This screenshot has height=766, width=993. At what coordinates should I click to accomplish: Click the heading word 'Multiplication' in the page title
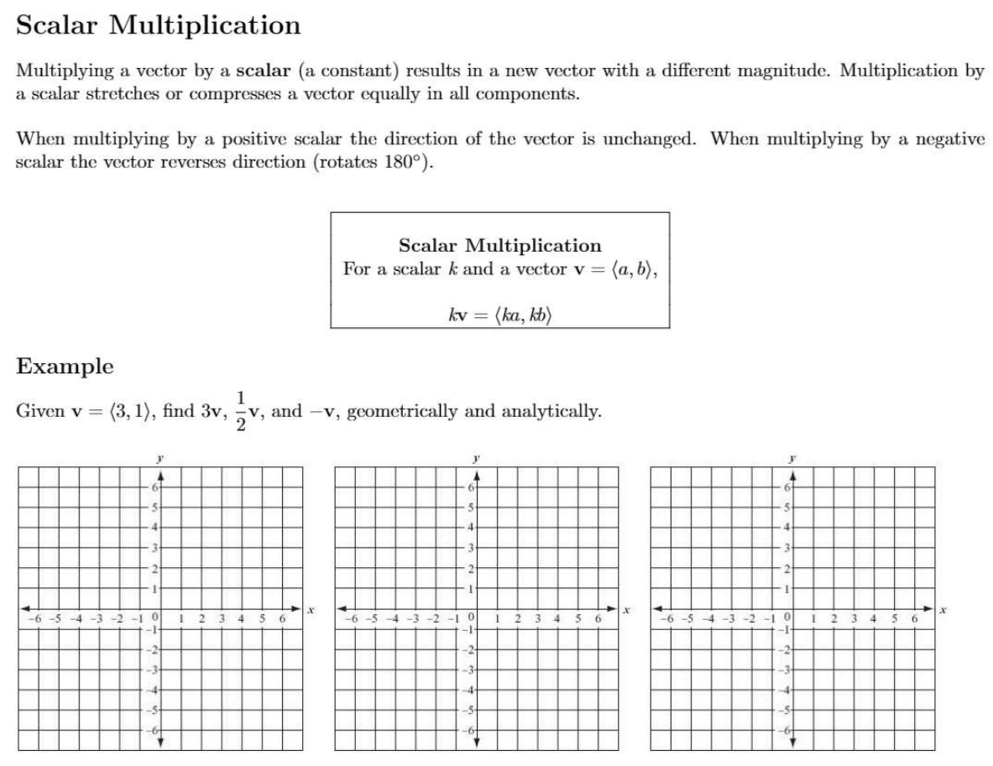[x=206, y=26]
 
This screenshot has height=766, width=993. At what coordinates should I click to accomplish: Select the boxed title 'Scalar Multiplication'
[x=499, y=246]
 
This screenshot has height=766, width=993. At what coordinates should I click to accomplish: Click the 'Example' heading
[x=65, y=367]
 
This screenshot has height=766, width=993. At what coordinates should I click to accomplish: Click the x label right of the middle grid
[x=629, y=609]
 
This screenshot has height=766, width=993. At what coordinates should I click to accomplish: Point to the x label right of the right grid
[x=943, y=609]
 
